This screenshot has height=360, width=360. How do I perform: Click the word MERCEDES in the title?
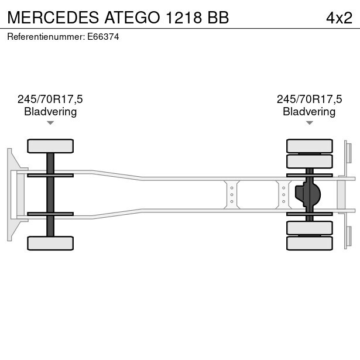(53, 18)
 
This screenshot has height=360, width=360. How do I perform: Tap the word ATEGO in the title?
(132, 18)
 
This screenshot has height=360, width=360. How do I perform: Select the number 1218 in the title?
(184, 18)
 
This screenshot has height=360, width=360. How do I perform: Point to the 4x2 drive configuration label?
(339, 18)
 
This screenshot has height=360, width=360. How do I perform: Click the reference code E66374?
(103, 37)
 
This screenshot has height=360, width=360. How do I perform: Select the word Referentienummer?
(46, 37)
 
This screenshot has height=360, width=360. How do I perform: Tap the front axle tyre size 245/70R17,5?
(50, 99)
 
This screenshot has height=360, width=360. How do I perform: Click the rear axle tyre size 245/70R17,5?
(309, 99)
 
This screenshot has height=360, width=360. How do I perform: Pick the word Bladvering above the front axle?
(50, 112)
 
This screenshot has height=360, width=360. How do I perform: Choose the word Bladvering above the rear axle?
(309, 112)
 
